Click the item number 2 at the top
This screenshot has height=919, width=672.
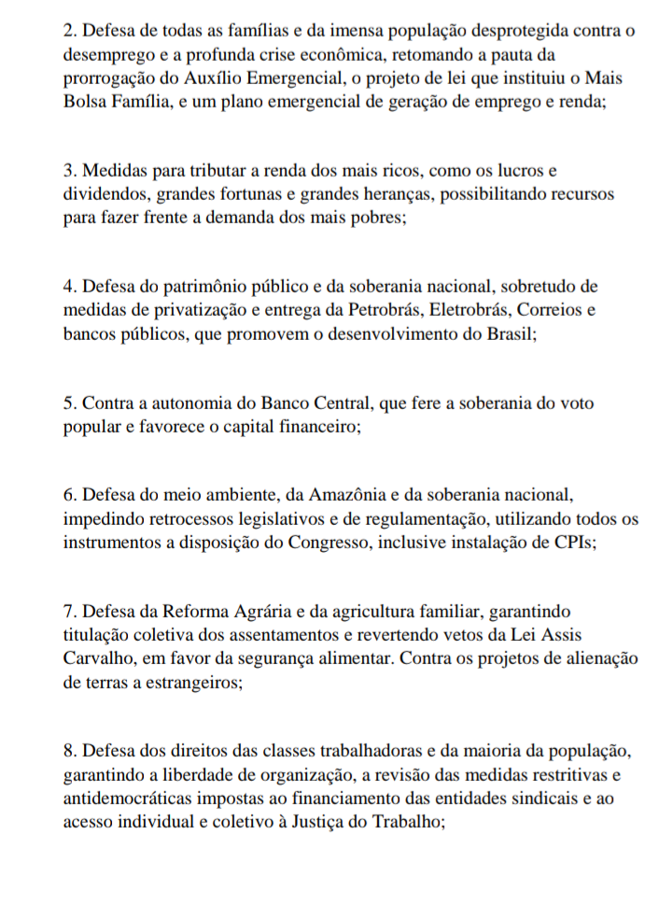pos(70,32)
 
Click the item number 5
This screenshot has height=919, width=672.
pos(70,403)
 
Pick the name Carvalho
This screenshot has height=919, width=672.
pos(101,657)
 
